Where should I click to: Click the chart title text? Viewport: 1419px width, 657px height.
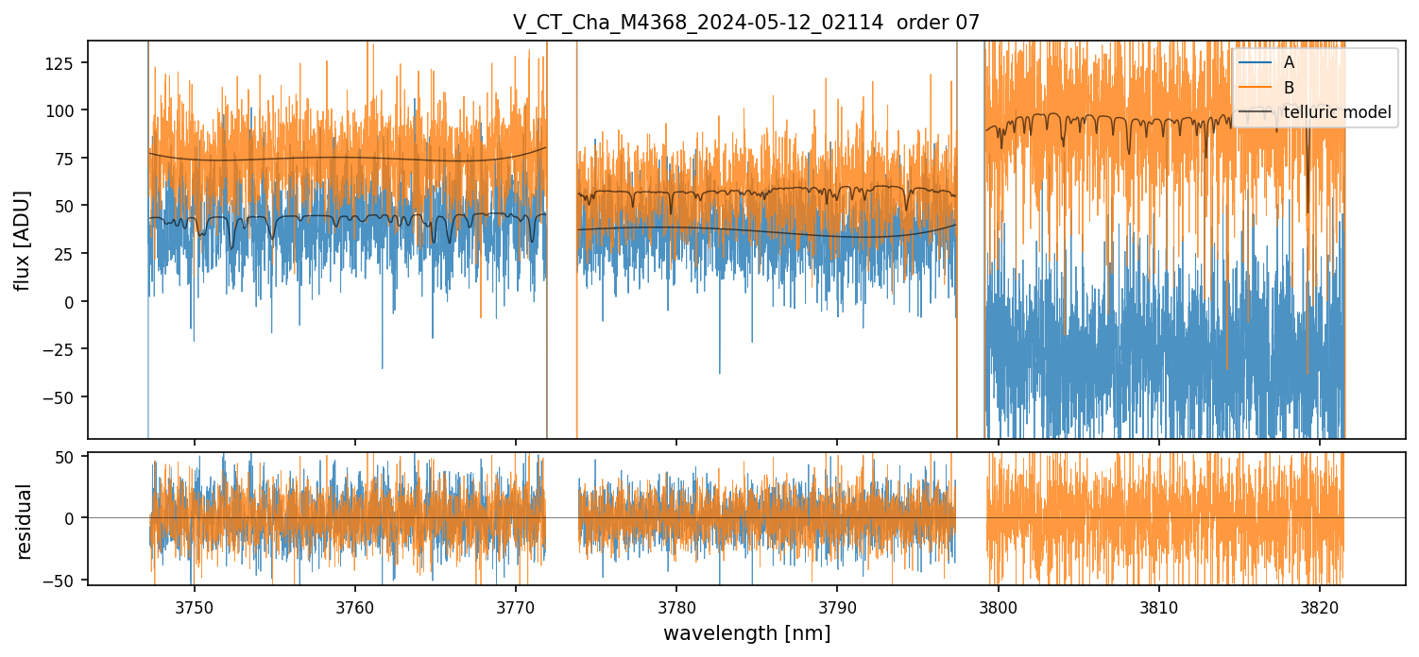pos(746,22)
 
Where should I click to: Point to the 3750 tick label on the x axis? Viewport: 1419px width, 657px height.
pos(195,607)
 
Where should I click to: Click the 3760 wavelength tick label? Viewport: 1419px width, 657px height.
pos(355,607)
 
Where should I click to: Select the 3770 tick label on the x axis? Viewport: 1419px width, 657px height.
pos(516,607)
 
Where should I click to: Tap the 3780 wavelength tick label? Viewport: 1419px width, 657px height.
pos(676,607)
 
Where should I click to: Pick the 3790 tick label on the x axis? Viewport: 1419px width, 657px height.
pos(837,607)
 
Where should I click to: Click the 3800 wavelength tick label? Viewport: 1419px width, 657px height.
pos(999,607)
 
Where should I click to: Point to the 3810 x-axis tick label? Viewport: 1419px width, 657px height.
pos(1159,607)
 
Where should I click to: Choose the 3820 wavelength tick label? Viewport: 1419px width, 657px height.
pos(1320,607)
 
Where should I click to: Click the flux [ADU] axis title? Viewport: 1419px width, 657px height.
pos(23,240)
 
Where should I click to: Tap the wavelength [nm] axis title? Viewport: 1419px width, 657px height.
pos(746,633)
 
